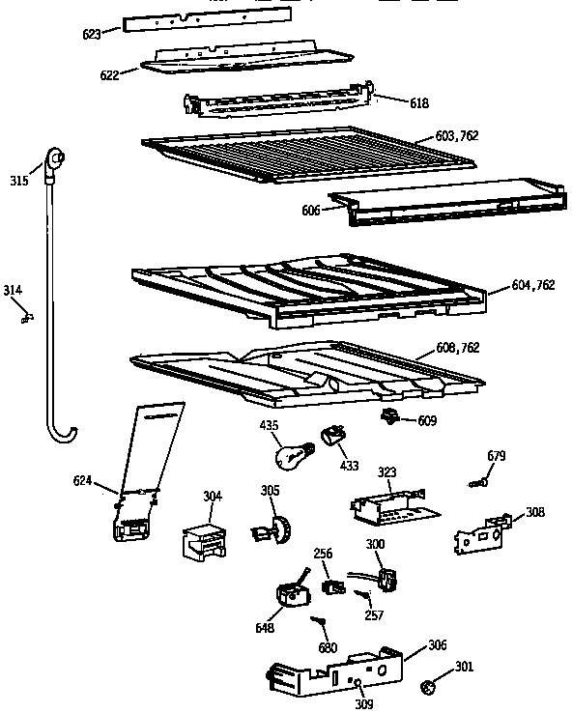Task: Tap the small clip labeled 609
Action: [x=391, y=416]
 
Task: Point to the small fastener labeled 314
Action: [x=26, y=312]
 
